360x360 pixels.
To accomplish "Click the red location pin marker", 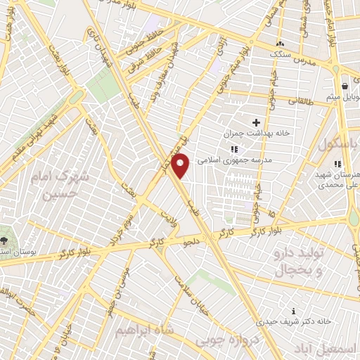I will coord(182,165).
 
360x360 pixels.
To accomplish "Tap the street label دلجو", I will coord(192,243).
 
